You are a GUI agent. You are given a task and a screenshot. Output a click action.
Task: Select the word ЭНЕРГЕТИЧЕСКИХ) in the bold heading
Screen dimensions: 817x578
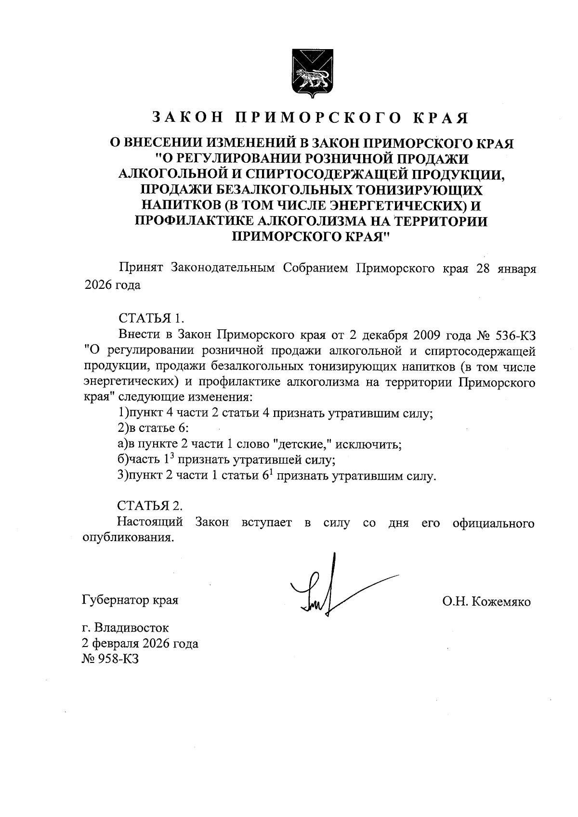coord(413,206)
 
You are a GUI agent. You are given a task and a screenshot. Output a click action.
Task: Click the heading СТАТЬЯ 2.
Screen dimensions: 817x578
coord(150,506)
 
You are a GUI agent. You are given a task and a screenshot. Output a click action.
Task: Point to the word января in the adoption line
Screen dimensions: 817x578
coord(516,268)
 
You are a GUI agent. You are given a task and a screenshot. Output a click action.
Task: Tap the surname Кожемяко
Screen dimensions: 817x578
coord(503,601)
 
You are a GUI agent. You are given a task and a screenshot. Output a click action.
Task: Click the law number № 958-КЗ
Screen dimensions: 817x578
coord(111,659)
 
